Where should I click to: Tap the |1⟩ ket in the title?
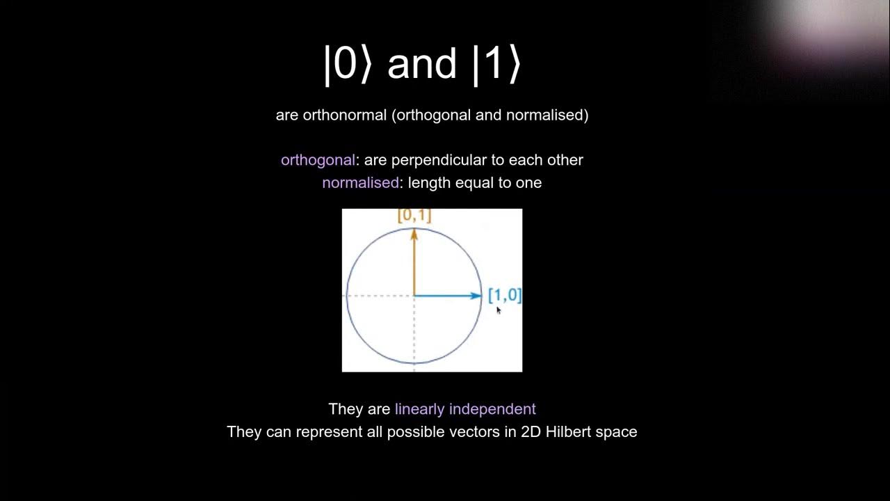(x=496, y=64)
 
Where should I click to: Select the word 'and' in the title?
(x=422, y=64)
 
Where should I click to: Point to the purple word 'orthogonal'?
(x=318, y=160)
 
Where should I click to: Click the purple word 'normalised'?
(x=360, y=183)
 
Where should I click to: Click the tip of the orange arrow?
(x=414, y=231)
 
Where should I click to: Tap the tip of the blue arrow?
(x=480, y=296)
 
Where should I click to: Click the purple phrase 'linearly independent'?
(x=465, y=409)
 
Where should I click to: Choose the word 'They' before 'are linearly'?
(x=345, y=409)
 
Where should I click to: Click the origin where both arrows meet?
(x=414, y=296)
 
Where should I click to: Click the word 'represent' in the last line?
(x=327, y=432)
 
